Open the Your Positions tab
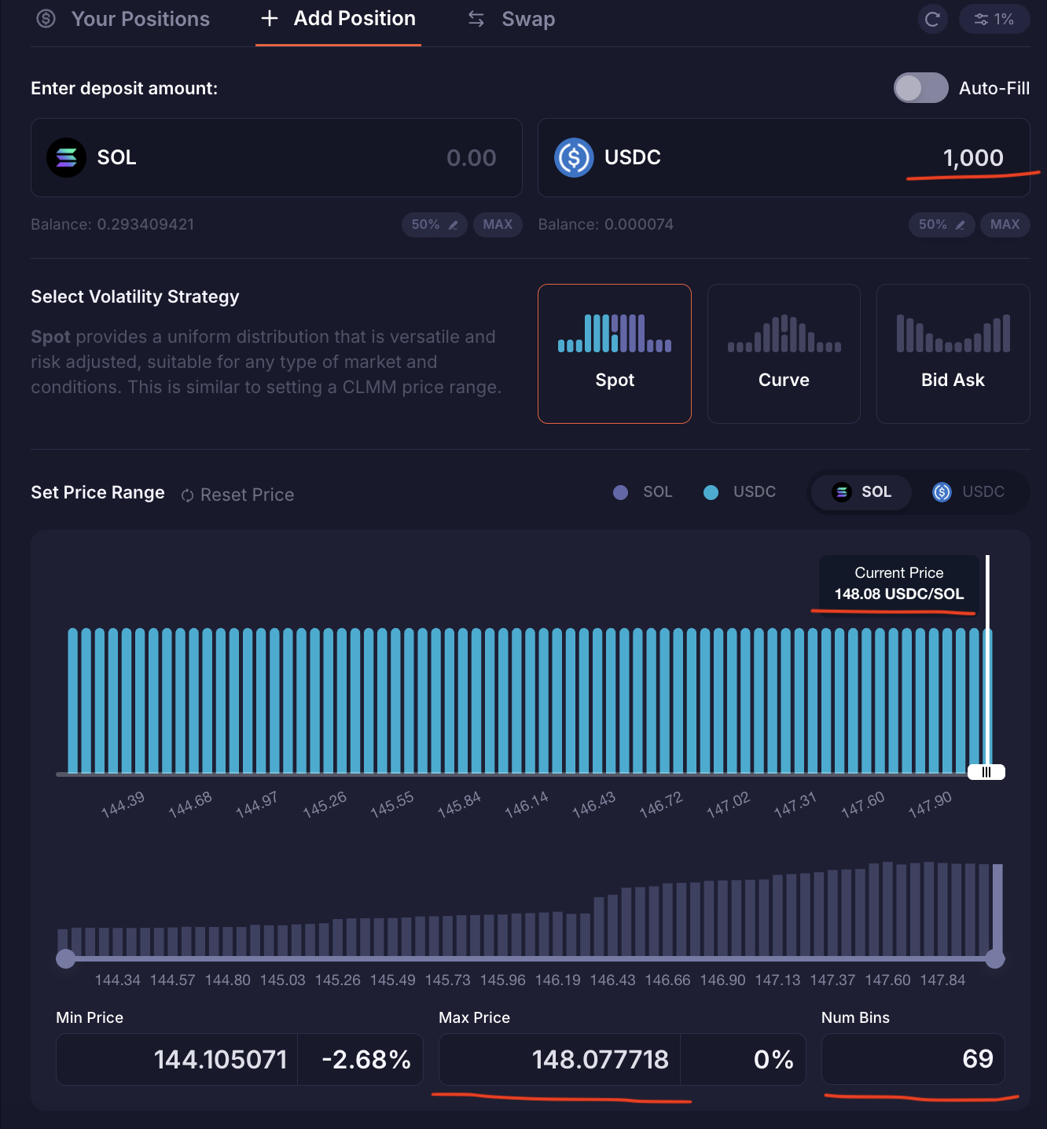(x=124, y=19)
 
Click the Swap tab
(x=512, y=19)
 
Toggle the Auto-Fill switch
(x=920, y=88)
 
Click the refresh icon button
(x=932, y=19)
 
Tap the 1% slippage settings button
(x=994, y=19)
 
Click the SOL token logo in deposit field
(x=66, y=157)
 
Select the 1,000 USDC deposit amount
(x=972, y=158)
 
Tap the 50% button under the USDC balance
(x=941, y=224)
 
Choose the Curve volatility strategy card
(x=784, y=354)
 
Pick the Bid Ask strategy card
(x=953, y=354)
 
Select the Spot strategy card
(x=615, y=354)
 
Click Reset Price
(x=238, y=495)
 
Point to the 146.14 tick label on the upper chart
(x=526, y=804)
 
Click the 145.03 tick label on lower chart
(x=282, y=980)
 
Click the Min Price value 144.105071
(x=220, y=1059)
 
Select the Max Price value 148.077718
(x=600, y=1059)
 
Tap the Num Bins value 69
(x=977, y=1059)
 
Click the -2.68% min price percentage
(x=366, y=1059)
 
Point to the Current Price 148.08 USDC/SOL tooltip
(x=898, y=583)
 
